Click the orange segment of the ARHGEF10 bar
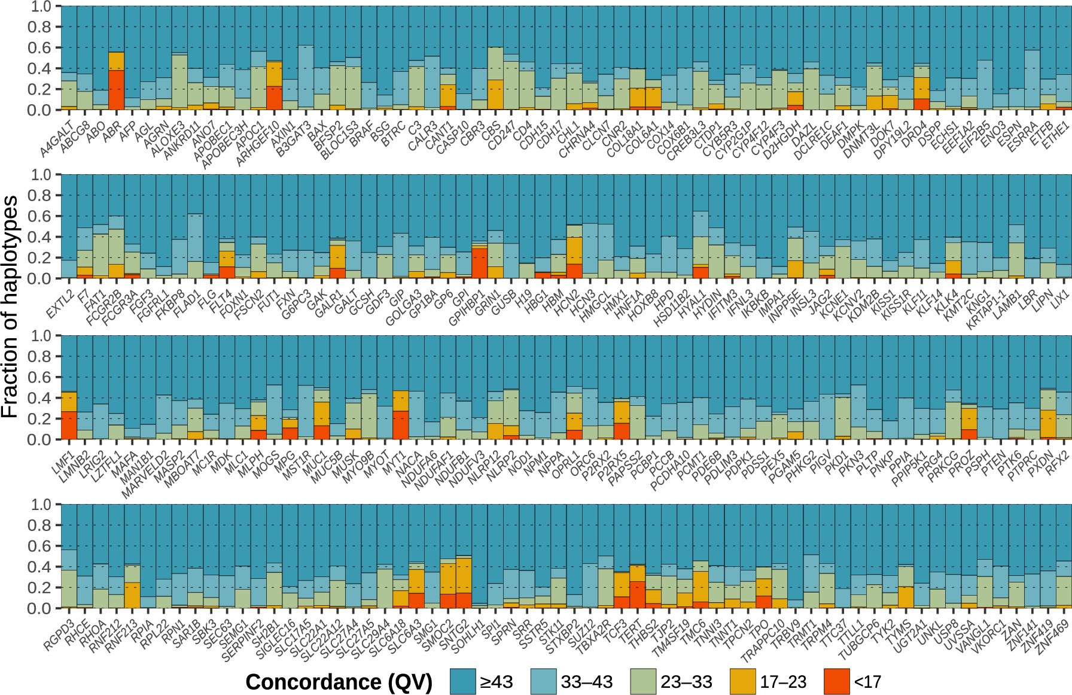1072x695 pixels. click(274, 74)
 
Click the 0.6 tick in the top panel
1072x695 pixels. click(44, 48)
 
